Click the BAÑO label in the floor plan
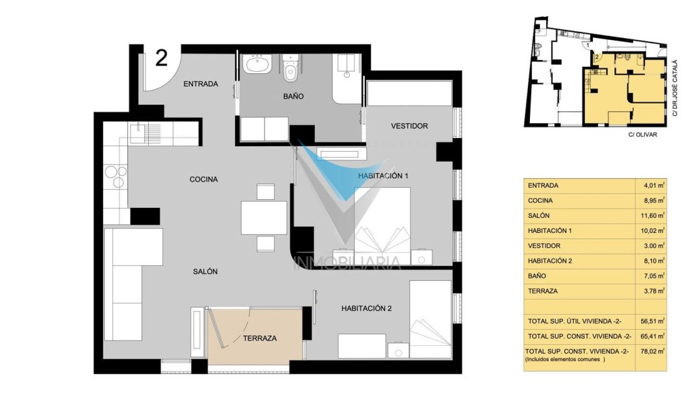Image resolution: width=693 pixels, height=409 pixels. (x=294, y=96)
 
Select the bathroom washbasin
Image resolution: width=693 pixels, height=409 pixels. (x=257, y=64)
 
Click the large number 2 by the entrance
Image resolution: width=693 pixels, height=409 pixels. (x=162, y=58)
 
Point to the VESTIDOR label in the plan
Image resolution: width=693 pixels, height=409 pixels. (x=409, y=126)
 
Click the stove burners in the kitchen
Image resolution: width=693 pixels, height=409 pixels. (x=116, y=175)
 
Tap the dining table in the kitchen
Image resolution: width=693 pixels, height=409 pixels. (x=264, y=217)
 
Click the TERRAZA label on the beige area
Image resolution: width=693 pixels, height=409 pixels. (x=260, y=339)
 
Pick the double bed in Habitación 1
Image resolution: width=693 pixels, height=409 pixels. (x=382, y=225)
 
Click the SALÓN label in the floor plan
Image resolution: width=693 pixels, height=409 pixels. (x=205, y=272)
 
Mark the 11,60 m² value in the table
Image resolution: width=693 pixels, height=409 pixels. (x=654, y=216)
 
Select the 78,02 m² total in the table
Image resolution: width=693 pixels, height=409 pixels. (x=653, y=351)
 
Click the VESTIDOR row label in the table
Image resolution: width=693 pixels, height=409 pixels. (x=544, y=246)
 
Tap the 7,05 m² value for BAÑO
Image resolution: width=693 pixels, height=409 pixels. (x=654, y=276)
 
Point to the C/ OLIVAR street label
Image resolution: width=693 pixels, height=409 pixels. (x=643, y=135)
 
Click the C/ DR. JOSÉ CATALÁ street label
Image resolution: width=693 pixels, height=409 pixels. (x=675, y=88)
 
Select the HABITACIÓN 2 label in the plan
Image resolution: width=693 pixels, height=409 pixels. (x=366, y=309)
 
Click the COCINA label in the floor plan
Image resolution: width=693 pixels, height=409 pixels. (x=204, y=179)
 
